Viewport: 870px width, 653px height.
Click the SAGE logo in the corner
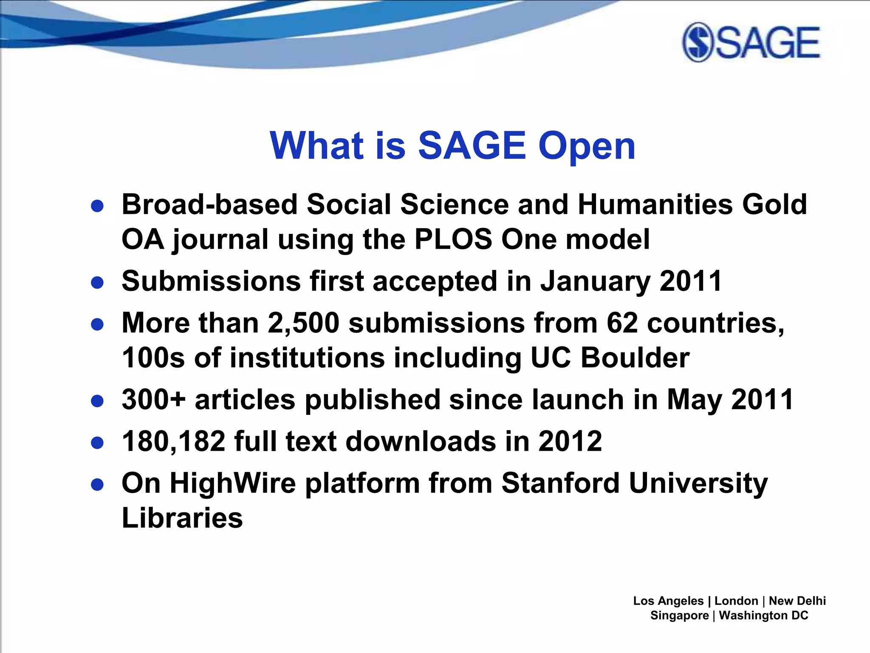click(x=751, y=43)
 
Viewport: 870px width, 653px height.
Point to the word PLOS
click(x=453, y=239)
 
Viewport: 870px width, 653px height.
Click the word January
click(x=595, y=281)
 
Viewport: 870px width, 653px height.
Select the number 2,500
click(x=303, y=323)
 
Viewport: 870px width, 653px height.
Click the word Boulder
click(x=635, y=358)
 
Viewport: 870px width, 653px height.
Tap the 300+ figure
click(x=154, y=400)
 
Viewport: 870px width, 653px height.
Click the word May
click(x=694, y=400)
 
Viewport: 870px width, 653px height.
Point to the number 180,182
click(x=173, y=441)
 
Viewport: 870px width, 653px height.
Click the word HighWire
click(x=232, y=483)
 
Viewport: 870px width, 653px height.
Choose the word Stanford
click(x=560, y=483)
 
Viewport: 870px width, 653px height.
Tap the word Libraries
click(x=182, y=518)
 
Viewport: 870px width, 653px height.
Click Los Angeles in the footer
click(x=668, y=601)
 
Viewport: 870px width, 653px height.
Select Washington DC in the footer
click(x=763, y=616)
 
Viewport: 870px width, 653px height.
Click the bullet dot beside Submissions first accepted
click(x=98, y=283)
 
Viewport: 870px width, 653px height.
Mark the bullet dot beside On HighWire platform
click(x=98, y=485)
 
